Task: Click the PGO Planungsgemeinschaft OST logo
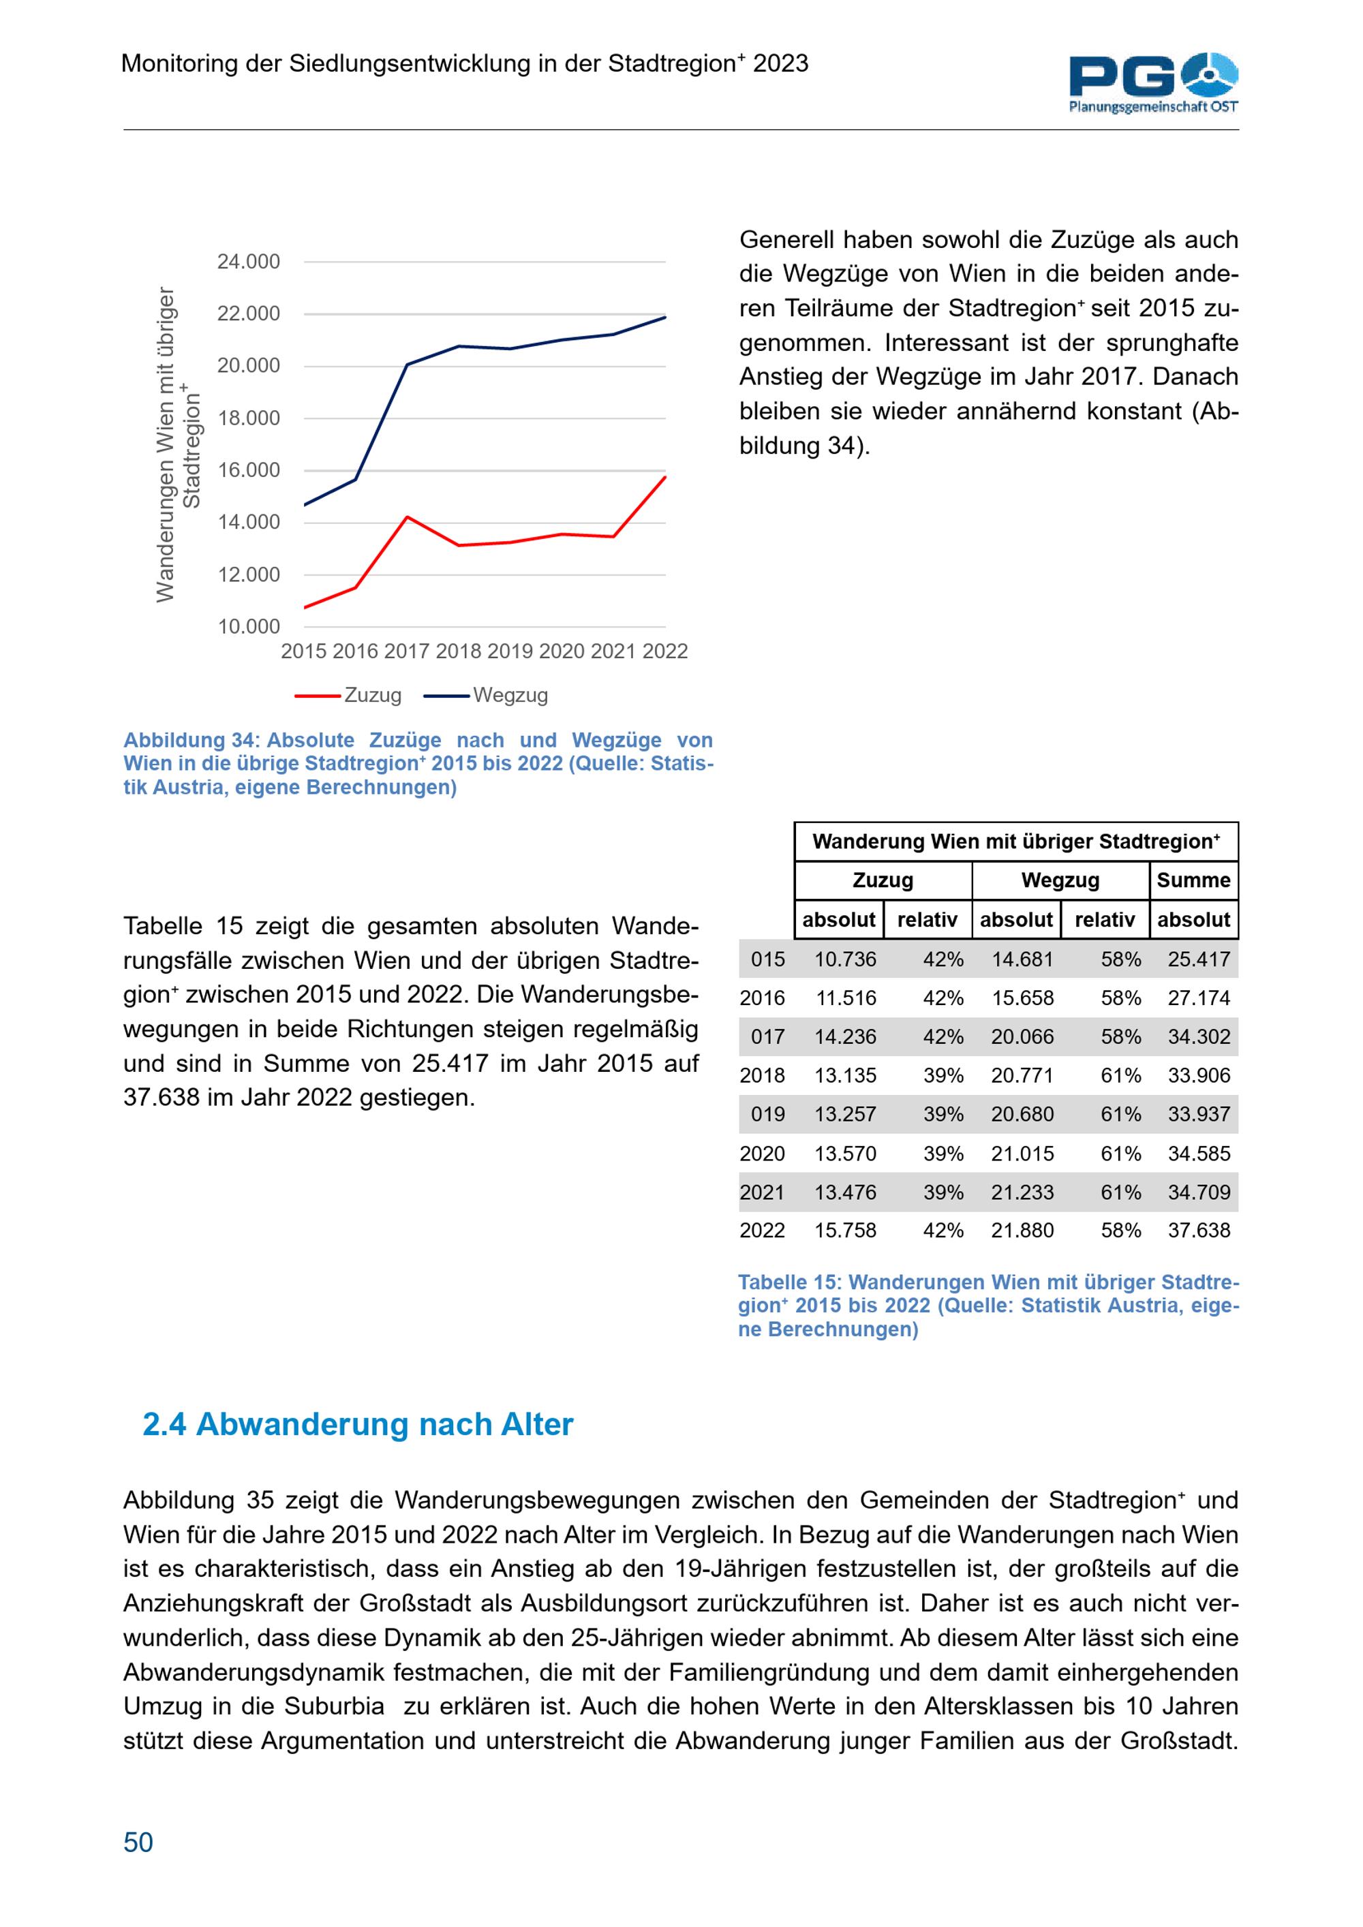click(x=1153, y=82)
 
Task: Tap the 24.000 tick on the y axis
click(x=249, y=262)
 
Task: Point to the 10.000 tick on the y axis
click(x=249, y=627)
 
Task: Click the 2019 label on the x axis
click(x=510, y=651)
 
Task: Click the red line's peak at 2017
click(x=407, y=517)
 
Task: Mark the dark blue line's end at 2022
click(x=664, y=318)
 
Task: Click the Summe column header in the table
click(x=1193, y=880)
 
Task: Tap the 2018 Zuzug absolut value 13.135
click(x=845, y=1075)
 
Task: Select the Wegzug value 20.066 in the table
click(x=1022, y=1036)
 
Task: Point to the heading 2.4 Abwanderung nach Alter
click(x=358, y=1424)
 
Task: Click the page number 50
click(x=138, y=1843)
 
